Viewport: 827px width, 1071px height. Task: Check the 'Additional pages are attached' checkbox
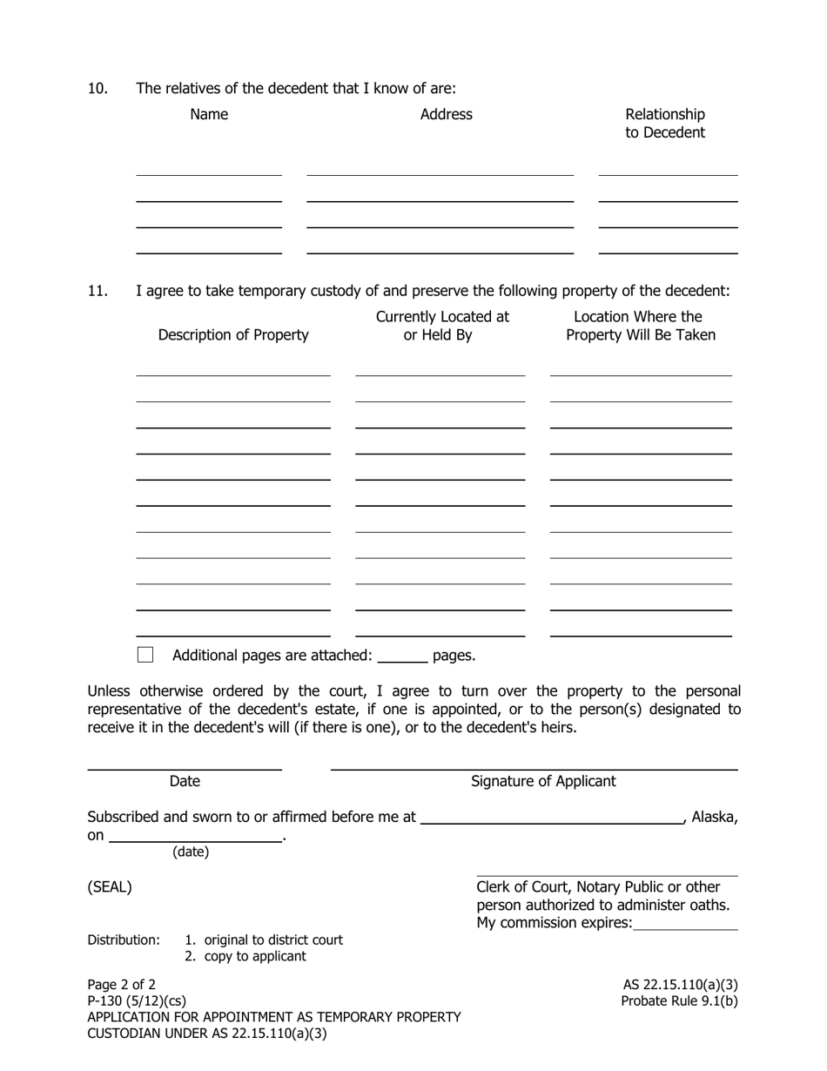pyautogui.click(x=145, y=655)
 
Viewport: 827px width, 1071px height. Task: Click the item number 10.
pyautogui.click(x=97, y=88)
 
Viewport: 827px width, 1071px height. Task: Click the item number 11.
pyautogui.click(x=97, y=290)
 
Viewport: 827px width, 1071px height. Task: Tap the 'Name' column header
pyautogui.click(x=209, y=114)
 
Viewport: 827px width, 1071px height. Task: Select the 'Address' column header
pyautogui.click(x=446, y=114)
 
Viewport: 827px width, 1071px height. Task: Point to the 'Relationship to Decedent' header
pyautogui.click(x=665, y=124)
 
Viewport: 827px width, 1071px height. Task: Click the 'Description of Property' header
pyautogui.click(x=233, y=335)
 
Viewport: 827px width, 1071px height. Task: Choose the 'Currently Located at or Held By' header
pyautogui.click(x=442, y=326)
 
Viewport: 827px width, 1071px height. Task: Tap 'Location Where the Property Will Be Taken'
pyautogui.click(x=641, y=326)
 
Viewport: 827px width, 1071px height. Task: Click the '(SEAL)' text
pyautogui.click(x=110, y=887)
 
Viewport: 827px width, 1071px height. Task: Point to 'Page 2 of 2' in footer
pyautogui.click(x=122, y=985)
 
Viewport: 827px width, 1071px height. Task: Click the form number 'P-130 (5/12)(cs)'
pyautogui.click(x=137, y=1000)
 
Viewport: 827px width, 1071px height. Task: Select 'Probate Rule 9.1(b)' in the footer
pyautogui.click(x=679, y=1000)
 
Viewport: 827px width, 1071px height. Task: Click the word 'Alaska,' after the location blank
pyautogui.click(x=714, y=817)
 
